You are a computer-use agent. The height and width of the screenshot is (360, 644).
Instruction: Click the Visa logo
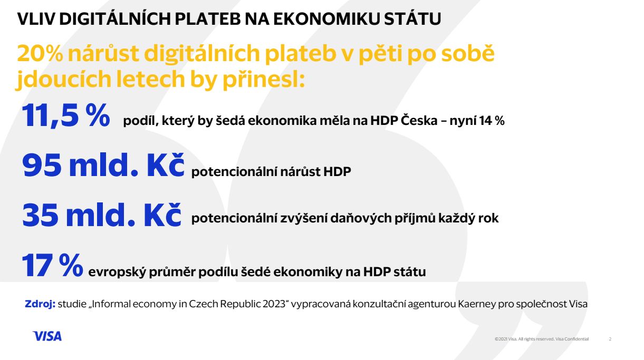(x=47, y=336)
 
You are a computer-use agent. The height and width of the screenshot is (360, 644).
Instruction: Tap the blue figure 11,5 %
(x=66, y=115)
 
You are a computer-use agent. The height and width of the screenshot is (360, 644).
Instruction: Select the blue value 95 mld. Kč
(x=103, y=165)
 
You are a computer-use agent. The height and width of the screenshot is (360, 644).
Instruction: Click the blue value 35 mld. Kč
(x=102, y=215)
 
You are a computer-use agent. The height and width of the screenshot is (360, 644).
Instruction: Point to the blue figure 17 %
(x=52, y=265)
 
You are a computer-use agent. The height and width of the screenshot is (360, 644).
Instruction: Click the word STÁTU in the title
(x=412, y=19)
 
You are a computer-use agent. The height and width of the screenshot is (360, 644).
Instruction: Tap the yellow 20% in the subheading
(x=40, y=53)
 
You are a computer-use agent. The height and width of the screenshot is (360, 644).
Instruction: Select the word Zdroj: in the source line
(x=40, y=304)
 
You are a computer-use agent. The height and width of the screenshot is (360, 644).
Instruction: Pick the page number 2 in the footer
(x=610, y=339)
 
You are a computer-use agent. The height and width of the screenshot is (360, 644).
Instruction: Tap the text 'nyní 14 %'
(x=477, y=121)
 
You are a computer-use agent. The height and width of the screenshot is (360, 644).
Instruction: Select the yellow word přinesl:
(x=264, y=79)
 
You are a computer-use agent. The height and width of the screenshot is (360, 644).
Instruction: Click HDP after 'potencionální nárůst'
(x=337, y=171)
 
